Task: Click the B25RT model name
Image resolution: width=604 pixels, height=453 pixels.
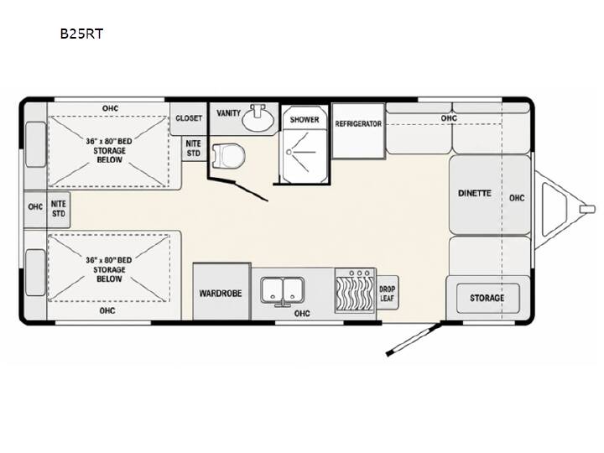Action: pyautogui.click(x=81, y=34)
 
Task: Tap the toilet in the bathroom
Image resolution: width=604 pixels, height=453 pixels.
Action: pyautogui.click(x=228, y=156)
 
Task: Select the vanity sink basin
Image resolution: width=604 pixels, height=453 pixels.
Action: pyautogui.click(x=258, y=117)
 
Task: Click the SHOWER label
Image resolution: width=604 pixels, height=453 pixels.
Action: pyautogui.click(x=305, y=119)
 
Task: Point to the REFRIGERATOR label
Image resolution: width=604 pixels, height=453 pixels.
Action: pyautogui.click(x=358, y=124)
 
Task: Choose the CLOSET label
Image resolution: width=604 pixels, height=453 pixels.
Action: pyautogui.click(x=189, y=118)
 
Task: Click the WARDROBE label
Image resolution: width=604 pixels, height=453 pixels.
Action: pyautogui.click(x=221, y=294)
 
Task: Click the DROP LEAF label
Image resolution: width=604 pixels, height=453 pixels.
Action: pyautogui.click(x=387, y=294)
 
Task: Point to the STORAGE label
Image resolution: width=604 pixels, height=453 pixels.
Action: pyautogui.click(x=487, y=298)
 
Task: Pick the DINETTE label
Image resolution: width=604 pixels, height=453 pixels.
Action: pyautogui.click(x=475, y=194)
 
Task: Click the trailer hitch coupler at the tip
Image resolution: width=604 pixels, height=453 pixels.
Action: pyautogui.click(x=587, y=209)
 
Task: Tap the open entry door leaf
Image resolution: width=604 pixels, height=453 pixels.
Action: pyautogui.click(x=414, y=340)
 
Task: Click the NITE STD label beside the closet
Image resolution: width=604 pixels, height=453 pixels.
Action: pyautogui.click(x=194, y=148)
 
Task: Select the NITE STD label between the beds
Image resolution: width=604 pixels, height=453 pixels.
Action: pyautogui.click(x=59, y=208)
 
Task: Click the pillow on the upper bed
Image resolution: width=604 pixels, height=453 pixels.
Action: pyautogui.click(x=35, y=144)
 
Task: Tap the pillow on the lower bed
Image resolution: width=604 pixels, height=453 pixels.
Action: pyautogui.click(x=35, y=273)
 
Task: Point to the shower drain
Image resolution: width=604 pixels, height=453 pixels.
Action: pyautogui.click(x=289, y=152)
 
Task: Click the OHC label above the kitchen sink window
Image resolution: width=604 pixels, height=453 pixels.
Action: pyautogui.click(x=302, y=314)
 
